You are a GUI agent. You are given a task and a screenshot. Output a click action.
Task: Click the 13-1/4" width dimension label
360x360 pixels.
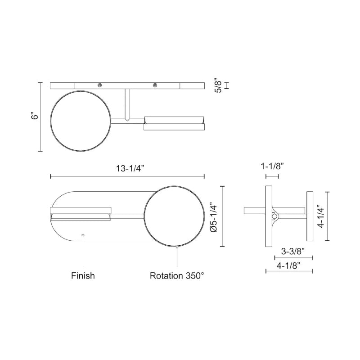coord(130,168)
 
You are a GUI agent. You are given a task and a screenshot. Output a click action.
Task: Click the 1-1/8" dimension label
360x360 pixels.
coord(272,166)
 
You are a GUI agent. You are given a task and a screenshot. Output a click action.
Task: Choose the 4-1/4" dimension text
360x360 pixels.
coord(320,216)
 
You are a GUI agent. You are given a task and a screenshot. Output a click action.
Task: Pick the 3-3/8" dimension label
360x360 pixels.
coord(293,251)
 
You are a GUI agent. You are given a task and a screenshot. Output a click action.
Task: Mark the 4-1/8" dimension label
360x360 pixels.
coord(289,265)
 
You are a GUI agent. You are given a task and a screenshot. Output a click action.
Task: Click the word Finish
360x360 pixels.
coord(83,275)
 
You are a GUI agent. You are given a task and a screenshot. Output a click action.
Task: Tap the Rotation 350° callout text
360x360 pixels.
coord(177,275)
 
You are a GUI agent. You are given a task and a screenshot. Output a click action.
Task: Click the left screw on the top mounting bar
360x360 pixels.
coord(100,85)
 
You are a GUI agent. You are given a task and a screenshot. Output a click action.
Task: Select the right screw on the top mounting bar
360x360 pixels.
coord(155,85)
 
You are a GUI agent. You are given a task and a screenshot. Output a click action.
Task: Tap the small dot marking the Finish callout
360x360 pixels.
coord(82,234)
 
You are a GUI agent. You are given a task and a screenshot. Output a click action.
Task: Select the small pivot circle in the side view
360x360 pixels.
coord(274,216)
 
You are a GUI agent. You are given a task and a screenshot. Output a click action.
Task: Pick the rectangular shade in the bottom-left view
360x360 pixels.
coord(81,214)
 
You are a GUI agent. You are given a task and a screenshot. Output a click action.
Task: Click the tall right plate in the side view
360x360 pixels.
coord(310,216)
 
